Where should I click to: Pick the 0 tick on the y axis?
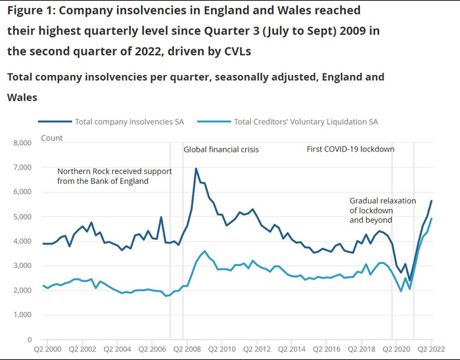30,340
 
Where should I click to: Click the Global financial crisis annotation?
221,150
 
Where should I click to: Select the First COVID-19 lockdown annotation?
350,149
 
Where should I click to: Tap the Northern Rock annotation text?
114,176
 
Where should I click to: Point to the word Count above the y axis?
52,138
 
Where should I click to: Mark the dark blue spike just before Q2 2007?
161,217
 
